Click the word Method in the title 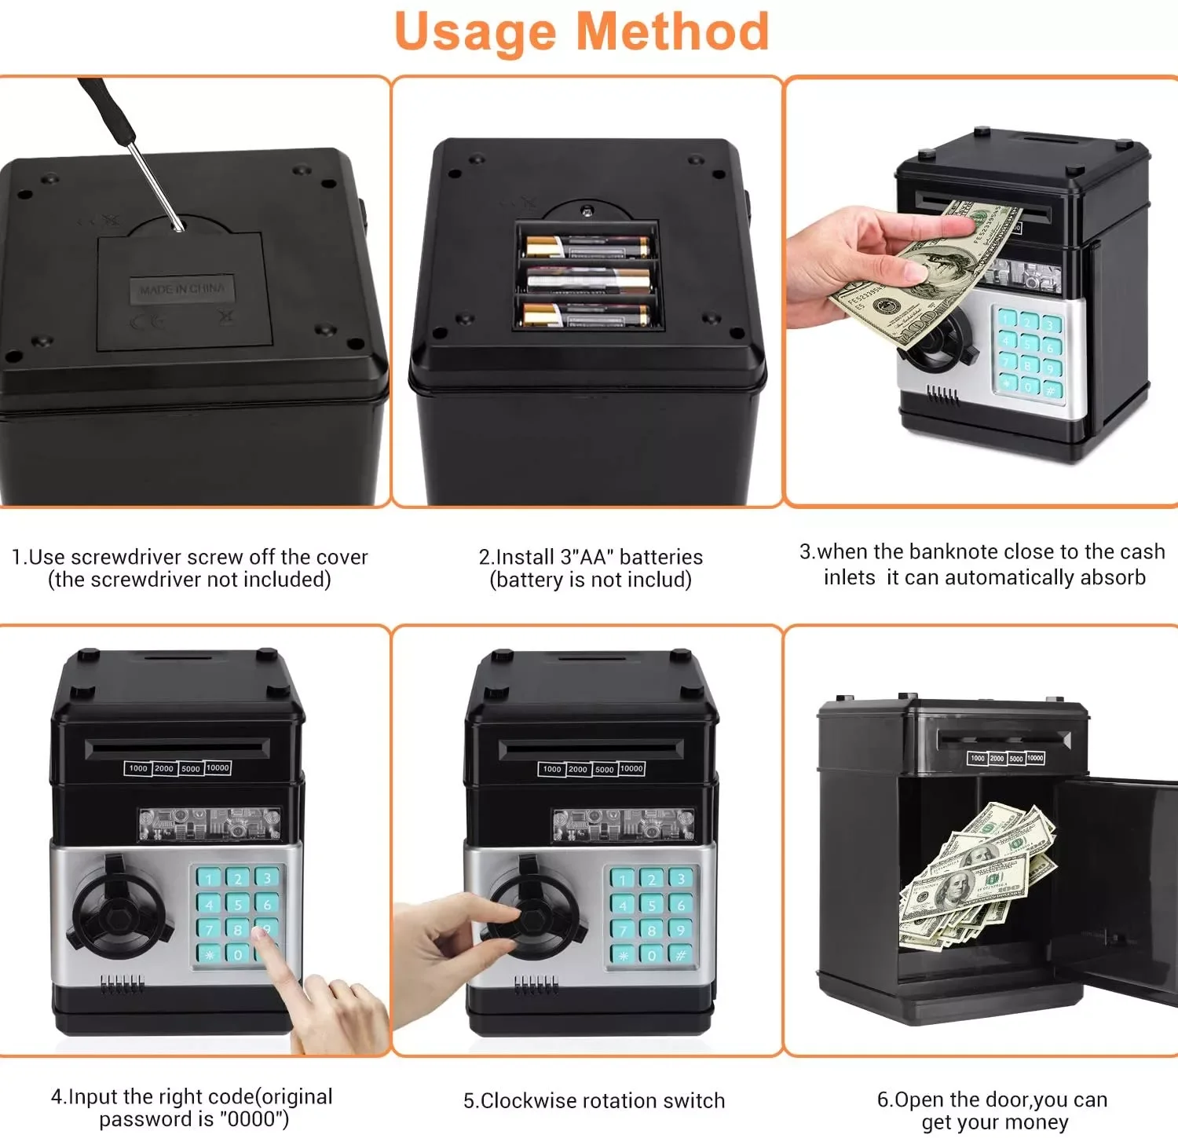tap(672, 31)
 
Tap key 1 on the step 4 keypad tap(209, 878)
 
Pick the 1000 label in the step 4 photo tap(138, 768)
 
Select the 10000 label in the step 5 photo tap(631, 768)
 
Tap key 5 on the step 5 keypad tap(652, 905)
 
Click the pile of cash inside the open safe tap(974, 876)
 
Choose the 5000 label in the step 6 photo tap(1016, 759)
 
